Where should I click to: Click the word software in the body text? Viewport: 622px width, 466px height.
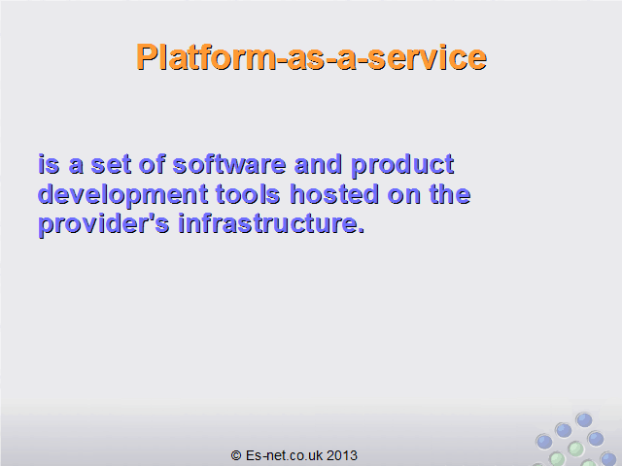pos(229,164)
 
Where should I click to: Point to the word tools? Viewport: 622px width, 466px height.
pos(248,194)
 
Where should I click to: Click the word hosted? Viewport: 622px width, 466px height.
pos(334,194)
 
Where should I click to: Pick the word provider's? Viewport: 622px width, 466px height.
pos(104,225)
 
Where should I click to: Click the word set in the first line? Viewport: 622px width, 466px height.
pos(111,165)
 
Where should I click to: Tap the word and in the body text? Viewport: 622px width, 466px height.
pos(318,164)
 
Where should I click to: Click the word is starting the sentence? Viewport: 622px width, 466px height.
pos(49,164)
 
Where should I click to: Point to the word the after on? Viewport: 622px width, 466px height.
pos(450,194)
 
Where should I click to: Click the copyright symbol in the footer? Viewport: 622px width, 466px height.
pos(236,455)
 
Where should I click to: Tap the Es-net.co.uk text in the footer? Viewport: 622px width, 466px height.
pos(284,455)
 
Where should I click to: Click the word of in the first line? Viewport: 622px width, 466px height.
pos(152,164)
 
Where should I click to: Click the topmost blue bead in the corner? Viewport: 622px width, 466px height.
pos(584,420)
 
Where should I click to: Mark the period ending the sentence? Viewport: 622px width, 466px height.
pos(361,231)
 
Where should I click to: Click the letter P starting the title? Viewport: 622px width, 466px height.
pos(147,57)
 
